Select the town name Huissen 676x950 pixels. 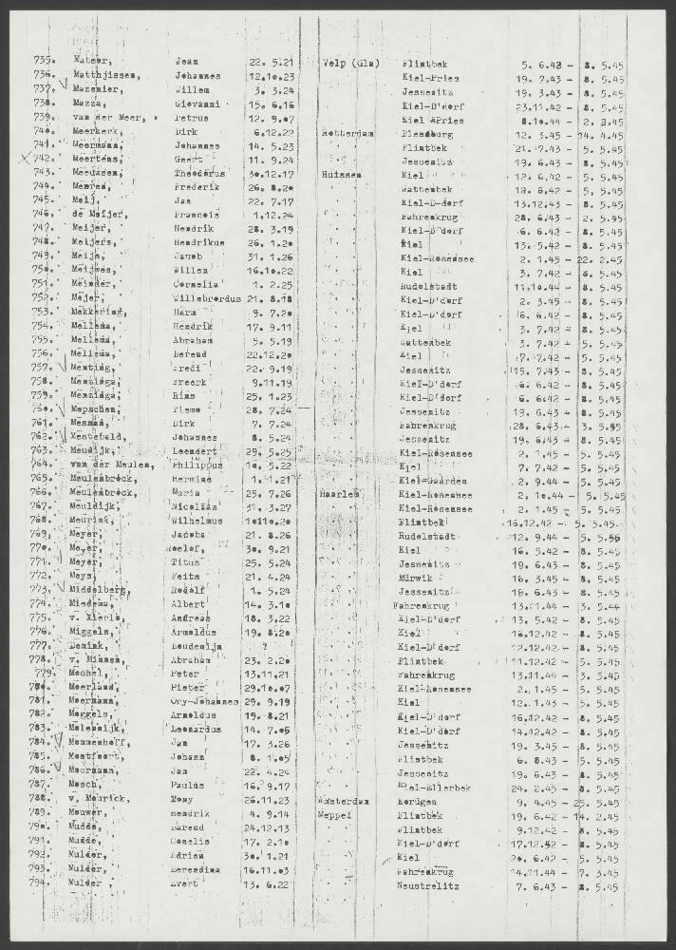(x=342, y=175)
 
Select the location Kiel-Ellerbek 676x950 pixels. (x=439, y=788)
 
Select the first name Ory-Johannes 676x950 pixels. (x=207, y=701)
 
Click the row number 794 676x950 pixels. (x=44, y=883)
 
